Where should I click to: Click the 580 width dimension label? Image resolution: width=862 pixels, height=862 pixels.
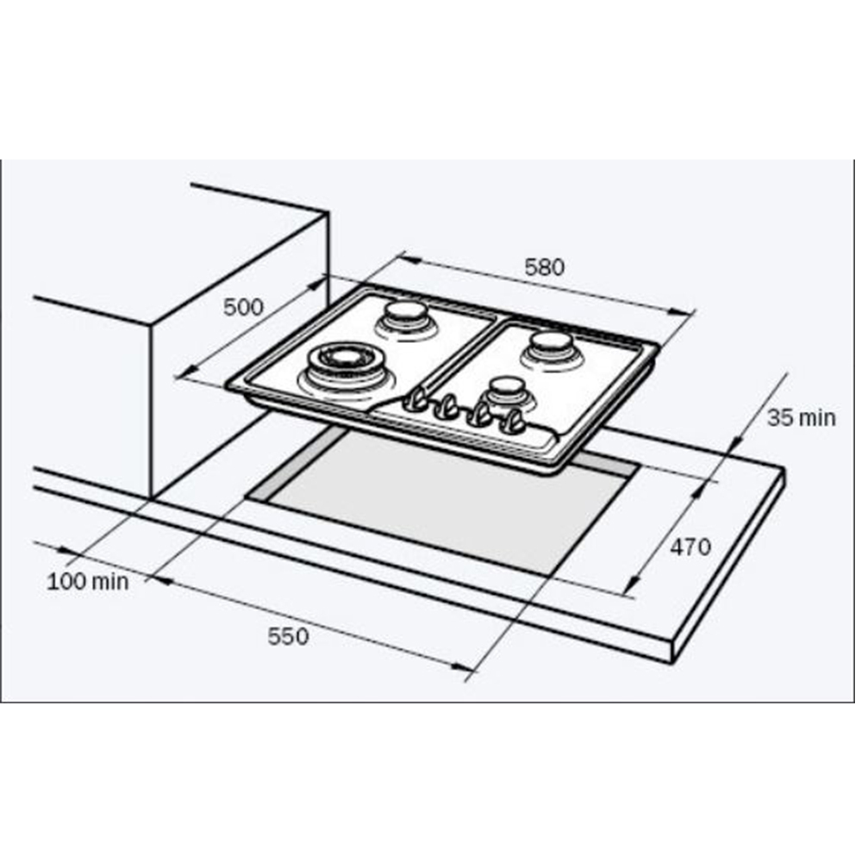[x=544, y=268]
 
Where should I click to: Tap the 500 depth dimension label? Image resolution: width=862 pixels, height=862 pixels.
[x=243, y=308]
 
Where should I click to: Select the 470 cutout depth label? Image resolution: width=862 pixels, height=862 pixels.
[x=690, y=547]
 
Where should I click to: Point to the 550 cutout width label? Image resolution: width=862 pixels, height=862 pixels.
[x=288, y=637]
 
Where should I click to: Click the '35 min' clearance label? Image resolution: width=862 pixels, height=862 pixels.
[x=801, y=418]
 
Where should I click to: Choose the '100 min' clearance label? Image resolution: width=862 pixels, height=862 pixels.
[x=88, y=582]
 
